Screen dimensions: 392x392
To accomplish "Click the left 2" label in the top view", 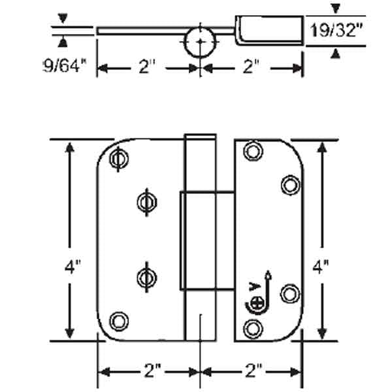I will tap(148, 67).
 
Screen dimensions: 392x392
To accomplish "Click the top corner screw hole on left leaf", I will tap(118, 157).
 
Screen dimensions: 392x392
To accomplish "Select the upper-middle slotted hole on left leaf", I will tap(145, 200).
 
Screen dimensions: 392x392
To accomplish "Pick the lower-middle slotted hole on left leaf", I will tap(145, 277).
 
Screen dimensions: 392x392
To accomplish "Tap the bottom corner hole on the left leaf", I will tap(118, 320).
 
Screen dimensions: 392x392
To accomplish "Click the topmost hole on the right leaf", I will tap(252, 152).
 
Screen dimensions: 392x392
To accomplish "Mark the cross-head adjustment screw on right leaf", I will tap(258, 303).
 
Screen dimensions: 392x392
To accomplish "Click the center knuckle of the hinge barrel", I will tap(205, 240).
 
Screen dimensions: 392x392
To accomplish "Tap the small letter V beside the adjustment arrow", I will tap(253, 286).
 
